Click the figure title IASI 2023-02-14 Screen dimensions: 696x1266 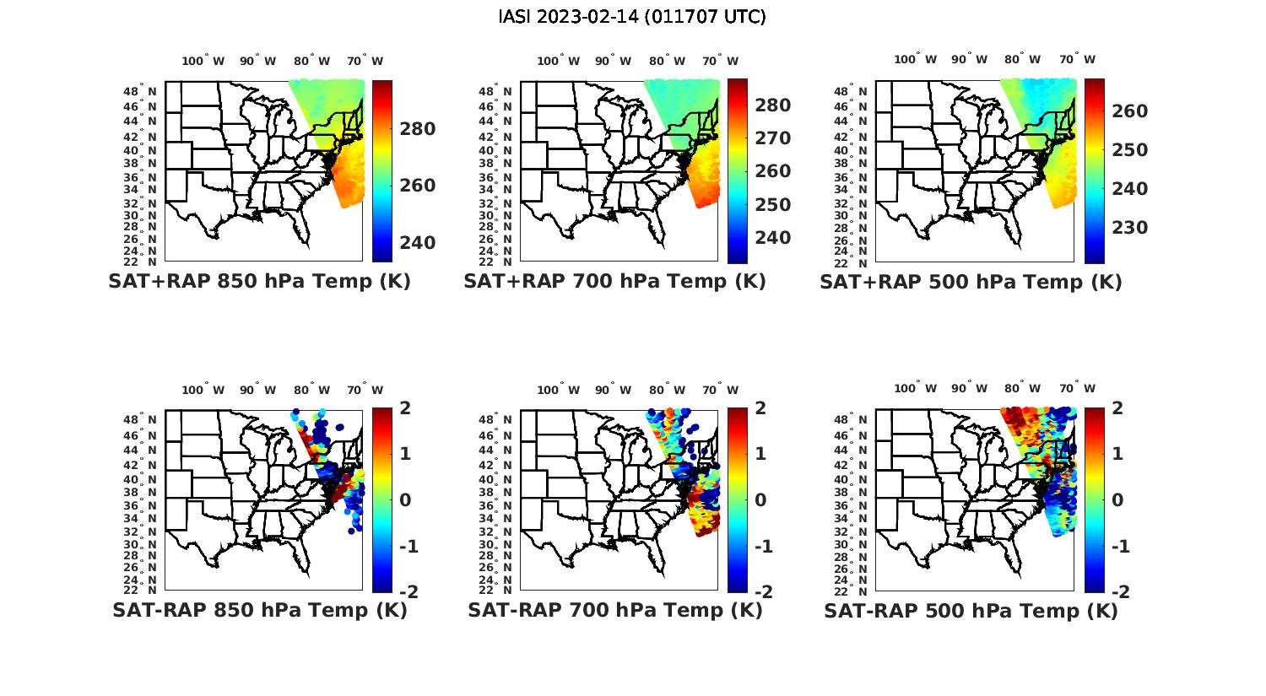coord(632,16)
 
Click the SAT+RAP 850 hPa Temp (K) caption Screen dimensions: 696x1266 coord(259,281)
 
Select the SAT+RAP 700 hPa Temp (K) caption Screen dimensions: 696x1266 coord(614,281)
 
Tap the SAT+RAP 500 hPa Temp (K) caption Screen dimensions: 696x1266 coord(971,282)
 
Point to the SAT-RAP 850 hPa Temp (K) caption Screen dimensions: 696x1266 coord(259,610)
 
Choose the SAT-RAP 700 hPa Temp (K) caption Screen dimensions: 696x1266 coord(614,610)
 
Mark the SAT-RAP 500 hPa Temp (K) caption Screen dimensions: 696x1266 coord(971,611)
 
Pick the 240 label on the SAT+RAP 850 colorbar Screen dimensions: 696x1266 coord(417,243)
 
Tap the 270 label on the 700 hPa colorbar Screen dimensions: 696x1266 coord(772,138)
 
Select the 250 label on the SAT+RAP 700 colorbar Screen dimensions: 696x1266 coord(772,205)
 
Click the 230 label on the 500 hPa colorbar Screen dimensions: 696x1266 coord(1129,228)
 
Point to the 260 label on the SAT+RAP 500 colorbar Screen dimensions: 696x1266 coord(1129,111)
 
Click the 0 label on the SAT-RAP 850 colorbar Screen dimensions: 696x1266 coord(404,499)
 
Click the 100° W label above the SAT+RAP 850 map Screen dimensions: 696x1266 coord(203,61)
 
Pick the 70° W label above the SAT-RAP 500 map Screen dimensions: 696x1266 coord(1078,389)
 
